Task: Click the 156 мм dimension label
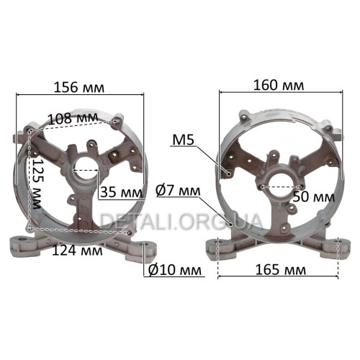click(79, 87)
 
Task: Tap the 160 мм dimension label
click(279, 86)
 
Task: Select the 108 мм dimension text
click(73, 118)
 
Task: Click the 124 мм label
click(77, 251)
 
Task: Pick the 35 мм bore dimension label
click(121, 192)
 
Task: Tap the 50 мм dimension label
click(314, 197)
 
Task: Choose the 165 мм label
click(281, 270)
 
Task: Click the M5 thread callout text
click(183, 140)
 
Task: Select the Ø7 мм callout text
click(178, 191)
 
